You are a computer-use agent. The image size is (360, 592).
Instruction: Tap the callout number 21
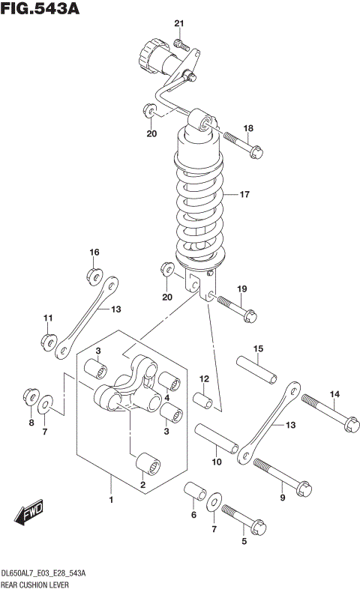click(178, 24)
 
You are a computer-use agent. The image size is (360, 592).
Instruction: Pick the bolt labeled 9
click(280, 477)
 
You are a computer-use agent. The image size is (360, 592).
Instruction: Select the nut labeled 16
click(94, 275)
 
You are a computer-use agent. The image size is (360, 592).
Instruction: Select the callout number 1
click(111, 500)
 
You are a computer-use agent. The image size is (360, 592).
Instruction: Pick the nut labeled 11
click(47, 342)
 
